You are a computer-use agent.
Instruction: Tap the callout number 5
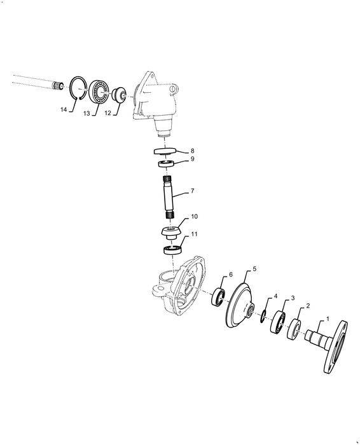point(255,269)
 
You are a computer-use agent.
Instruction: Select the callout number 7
point(192,191)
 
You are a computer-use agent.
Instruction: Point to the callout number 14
point(64,110)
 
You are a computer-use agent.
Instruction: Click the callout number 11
point(194,234)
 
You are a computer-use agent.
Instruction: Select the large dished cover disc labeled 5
point(239,308)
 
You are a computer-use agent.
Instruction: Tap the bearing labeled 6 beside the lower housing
point(219,298)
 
